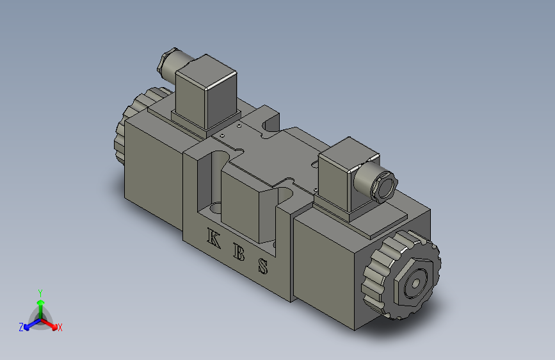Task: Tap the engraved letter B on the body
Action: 239,252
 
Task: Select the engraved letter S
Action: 263,265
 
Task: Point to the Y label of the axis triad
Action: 40,291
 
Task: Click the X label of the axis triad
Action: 60,327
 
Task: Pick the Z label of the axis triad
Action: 21,327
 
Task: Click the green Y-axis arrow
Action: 40,304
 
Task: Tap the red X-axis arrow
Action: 51,324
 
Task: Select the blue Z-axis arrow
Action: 29,324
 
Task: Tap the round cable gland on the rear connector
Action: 167,63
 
